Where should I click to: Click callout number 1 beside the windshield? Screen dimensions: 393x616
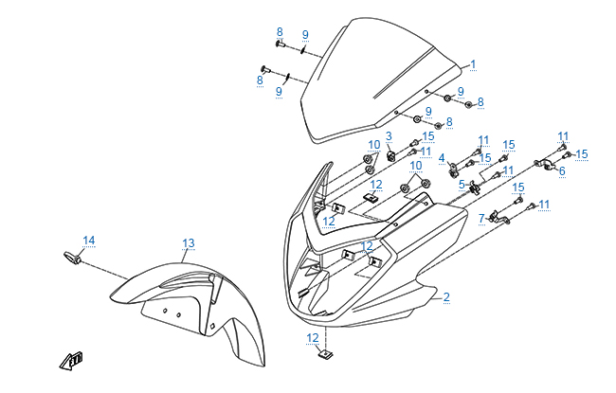(x=473, y=64)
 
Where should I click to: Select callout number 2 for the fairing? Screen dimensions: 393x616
(x=446, y=297)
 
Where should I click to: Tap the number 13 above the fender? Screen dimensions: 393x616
(x=188, y=244)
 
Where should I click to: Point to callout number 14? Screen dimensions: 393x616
(x=88, y=241)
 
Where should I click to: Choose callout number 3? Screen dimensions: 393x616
(x=389, y=136)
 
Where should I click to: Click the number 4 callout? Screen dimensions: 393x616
(x=442, y=157)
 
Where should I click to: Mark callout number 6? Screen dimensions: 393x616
(x=561, y=171)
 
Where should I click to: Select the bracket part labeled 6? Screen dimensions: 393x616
(x=547, y=166)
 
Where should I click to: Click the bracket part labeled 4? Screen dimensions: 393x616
(x=456, y=170)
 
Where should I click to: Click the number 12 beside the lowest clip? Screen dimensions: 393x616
(x=312, y=337)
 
